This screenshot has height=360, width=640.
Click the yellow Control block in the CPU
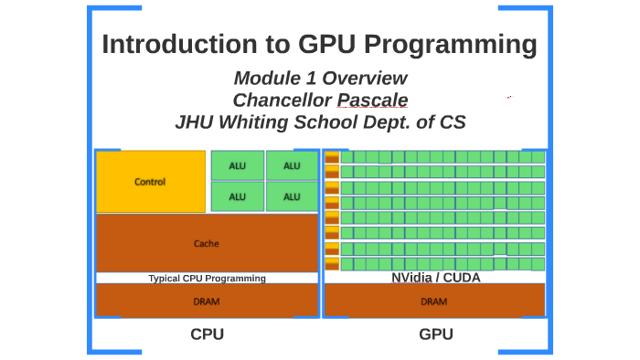click(150, 182)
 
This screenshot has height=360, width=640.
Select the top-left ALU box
click(238, 165)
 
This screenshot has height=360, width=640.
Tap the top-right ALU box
click(292, 165)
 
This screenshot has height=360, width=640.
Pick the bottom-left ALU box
click(238, 196)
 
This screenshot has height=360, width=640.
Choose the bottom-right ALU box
click(292, 196)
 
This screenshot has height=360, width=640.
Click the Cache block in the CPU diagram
click(207, 243)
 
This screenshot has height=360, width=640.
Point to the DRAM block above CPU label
click(207, 301)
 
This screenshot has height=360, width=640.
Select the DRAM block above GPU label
click(434, 301)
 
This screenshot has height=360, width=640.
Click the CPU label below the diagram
click(207, 334)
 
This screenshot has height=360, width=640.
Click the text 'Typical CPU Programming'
click(207, 279)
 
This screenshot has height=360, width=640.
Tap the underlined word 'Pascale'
click(372, 100)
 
